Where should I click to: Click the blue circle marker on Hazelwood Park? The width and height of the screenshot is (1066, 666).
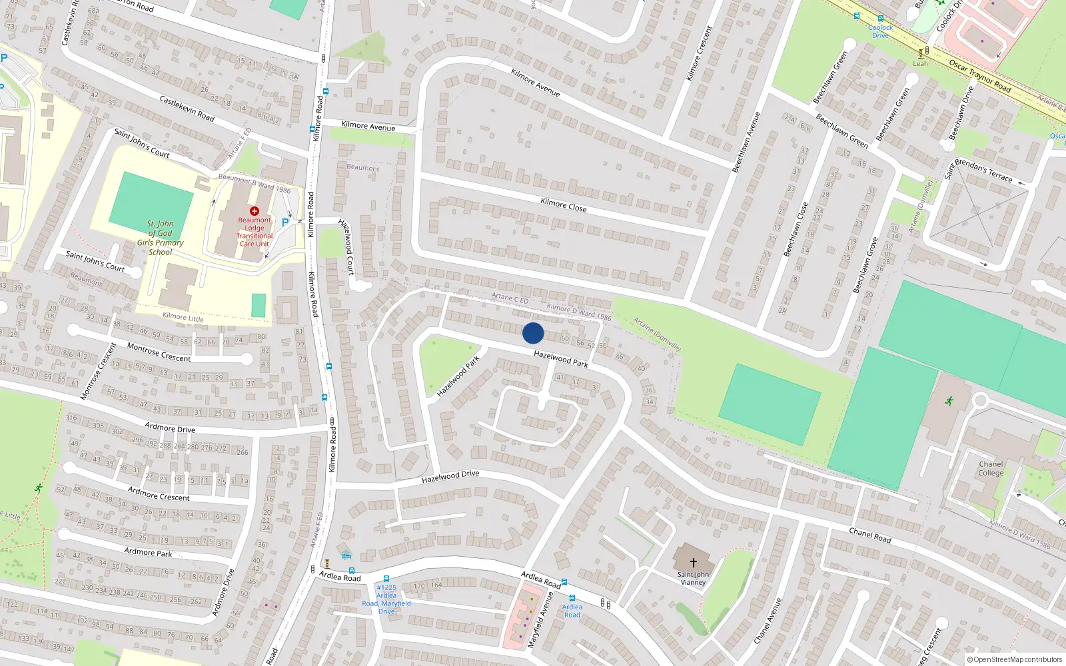[x=533, y=333]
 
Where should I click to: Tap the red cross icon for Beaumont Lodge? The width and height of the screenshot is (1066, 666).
[x=255, y=210]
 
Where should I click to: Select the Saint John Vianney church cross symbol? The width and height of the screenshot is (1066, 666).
[x=694, y=563]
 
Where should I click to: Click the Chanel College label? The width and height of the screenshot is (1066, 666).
[x=991, y=469]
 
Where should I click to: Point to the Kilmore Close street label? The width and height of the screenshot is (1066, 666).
[x=564, y=205]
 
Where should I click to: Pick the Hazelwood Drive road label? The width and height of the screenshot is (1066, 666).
[x=450, y=476]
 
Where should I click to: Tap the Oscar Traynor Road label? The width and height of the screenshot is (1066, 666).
[x=979, y=75]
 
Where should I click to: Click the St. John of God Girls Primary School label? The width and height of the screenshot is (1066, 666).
[x=161, y=238]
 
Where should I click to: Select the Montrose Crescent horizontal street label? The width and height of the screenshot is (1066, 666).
[x=159, y=352]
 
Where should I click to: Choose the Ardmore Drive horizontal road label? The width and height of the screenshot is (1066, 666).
[x=170, y=428]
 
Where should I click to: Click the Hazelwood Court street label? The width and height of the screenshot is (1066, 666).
[x=346, y=246]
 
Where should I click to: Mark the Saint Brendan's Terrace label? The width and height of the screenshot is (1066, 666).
[x=978, y=170]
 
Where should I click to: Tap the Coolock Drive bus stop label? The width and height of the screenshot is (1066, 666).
[x=880, y=31]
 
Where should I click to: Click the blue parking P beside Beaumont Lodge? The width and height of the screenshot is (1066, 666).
[x=285, y=223]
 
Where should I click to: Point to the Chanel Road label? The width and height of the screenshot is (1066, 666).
[x=869, y=535]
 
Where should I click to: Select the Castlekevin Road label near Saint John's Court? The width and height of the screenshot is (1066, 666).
[x=187, y=108]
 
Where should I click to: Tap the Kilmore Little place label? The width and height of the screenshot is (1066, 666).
[x=183, y=318]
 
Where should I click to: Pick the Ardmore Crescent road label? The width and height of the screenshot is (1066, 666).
[x=159, y=494]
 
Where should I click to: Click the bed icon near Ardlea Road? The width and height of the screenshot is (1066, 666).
[x=346, y=556]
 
